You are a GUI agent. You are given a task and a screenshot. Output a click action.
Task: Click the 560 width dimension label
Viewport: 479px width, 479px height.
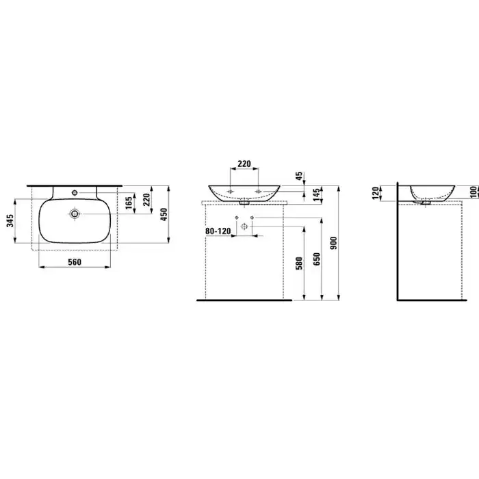[75, 262]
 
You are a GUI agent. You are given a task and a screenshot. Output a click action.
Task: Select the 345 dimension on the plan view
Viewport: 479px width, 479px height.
[10, 220]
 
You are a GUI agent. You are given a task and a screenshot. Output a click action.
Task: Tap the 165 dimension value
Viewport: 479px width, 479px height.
[129, 203]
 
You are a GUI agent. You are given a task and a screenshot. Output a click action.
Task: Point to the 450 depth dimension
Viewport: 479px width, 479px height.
[164, 214]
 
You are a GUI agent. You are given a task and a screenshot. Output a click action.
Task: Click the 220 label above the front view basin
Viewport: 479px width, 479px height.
[244, 164]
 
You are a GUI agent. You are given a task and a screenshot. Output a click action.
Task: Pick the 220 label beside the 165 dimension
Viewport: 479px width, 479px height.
[146, 200]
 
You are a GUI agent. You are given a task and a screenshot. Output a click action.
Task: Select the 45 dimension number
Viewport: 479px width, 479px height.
[299, 176]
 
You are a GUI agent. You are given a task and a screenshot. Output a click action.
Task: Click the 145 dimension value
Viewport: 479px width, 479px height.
[317, 194]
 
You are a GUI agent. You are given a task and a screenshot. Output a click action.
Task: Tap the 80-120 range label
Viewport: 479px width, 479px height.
[218, 231]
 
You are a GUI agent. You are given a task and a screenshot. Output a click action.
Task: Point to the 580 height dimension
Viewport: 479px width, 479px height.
[300, 263]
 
